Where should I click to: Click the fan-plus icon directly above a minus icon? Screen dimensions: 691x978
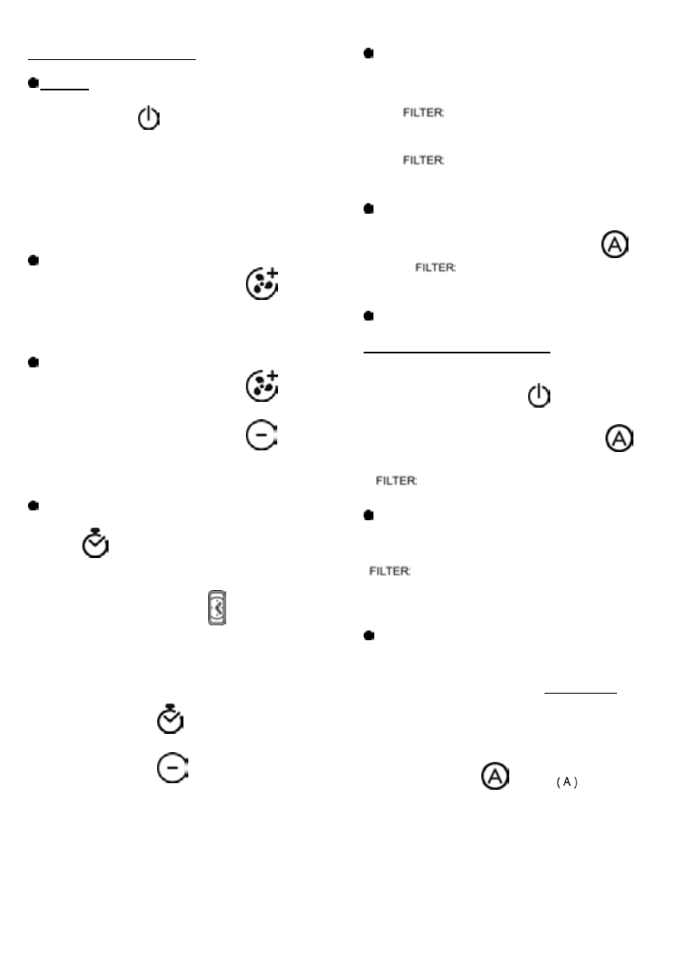[262, 386]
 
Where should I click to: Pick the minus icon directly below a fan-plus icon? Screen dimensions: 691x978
[262, 436]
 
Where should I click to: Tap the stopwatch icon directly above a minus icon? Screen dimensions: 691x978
[170, 718]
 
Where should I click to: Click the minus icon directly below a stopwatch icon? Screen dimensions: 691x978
[170, 770]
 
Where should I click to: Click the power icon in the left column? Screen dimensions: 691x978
[148, 120]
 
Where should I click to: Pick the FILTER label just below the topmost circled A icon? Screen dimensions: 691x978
[436, 268]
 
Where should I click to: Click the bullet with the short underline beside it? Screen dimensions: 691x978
[34, 84]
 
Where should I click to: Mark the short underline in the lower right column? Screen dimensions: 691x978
[581, 693]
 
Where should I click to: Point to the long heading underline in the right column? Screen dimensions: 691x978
[457, 352]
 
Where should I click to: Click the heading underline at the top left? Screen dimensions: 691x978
[113, 59]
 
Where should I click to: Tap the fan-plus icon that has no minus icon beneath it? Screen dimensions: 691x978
[262, 281]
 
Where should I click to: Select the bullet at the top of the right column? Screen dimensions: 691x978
[369, 53]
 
